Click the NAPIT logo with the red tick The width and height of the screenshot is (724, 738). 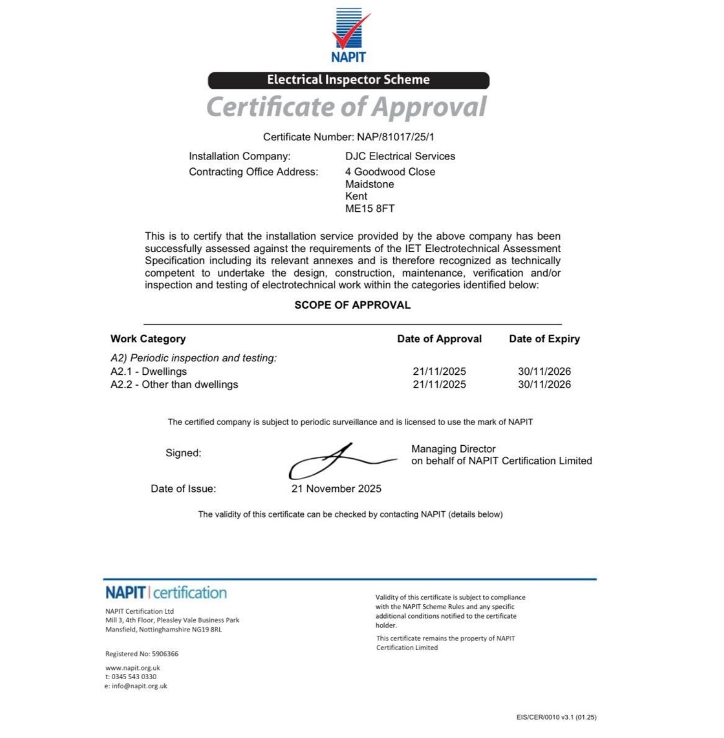click(x=349, y=35)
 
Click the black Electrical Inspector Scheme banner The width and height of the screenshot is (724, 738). click(x=349, y=80)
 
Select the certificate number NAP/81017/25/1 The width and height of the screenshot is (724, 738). click(x=395, y=137)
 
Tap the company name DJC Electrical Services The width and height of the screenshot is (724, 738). click(x=400, y=156)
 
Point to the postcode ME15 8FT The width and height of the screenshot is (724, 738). click(x=370, y=209)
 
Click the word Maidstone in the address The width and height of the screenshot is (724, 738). click(x=370, y=184)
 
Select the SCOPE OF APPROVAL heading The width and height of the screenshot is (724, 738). click(x=352, y=305)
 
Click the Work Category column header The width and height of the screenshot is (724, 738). click(x=148, y=339)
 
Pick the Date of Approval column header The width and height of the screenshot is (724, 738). click(x=439, y=339)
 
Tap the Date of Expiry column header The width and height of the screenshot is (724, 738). click(x=544, y=339)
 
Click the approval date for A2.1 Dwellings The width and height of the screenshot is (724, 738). click(x=439, y=371)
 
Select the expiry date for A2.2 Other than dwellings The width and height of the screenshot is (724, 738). click(x=544, y=384)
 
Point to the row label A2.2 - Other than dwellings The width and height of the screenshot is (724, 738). click(x=174, y=384)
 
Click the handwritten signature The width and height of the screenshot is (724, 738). click(x=337, y=461)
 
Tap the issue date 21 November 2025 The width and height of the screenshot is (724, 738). click(x=336, y=489)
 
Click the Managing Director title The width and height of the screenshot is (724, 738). click(x=453, y=449)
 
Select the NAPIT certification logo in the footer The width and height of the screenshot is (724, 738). click(x=166, y=593)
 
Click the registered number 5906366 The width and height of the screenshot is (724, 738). click(x=165, y=654)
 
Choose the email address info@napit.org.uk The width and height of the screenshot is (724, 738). click(x=139, y=686)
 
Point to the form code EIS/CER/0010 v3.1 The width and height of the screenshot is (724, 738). click(x=556, y=717)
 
